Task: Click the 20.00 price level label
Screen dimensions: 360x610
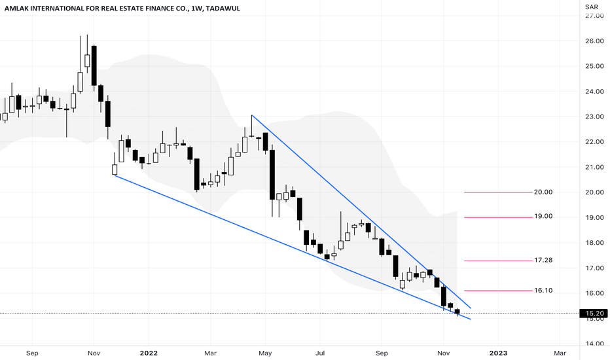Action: coord(543,192)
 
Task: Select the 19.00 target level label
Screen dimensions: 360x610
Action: coord(543,217)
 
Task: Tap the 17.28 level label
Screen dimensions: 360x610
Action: coord(543,261)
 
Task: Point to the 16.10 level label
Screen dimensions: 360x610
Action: coord(543,291)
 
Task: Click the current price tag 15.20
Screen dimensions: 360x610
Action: coord(593,314)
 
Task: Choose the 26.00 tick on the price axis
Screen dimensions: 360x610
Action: coord(594,41)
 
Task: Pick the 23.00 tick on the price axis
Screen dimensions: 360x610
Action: coord(594,117)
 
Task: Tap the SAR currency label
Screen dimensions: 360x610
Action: coord(592,7)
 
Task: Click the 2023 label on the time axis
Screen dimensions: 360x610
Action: coord(499,353)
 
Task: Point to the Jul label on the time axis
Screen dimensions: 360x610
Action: coord(321,353)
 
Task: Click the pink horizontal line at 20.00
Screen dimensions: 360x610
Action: coord(497,192)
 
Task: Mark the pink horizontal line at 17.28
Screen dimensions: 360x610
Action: coord(497,261)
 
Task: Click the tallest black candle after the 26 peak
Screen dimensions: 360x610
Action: coord(94,65)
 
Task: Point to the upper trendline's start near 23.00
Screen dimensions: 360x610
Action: coord(252,116)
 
